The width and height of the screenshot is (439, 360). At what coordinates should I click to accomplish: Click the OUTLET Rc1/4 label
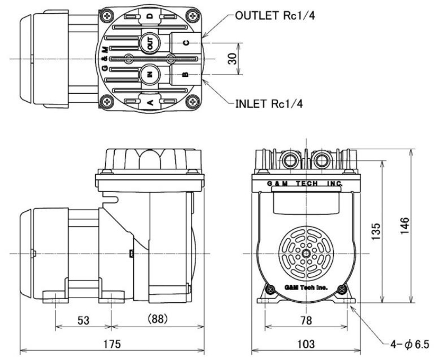(275, 15)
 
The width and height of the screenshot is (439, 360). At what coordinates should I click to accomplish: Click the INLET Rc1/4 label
(269, 104)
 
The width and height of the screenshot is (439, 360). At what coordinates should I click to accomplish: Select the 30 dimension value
(232, 59)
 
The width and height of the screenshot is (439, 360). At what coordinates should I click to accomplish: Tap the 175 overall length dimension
(112, 344)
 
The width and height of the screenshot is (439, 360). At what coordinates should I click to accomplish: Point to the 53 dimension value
(84, 320)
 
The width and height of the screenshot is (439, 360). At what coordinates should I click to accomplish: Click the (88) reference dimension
(157, 319)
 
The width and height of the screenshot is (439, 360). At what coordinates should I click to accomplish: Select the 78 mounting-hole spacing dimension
(306, 320)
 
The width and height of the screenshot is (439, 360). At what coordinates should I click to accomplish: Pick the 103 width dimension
(306, 344)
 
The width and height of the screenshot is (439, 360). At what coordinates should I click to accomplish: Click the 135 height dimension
(376, 231)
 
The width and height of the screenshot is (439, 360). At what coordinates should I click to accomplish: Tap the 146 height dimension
(404, 226)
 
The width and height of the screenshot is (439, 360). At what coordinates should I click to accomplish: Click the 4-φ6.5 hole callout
(409, 344)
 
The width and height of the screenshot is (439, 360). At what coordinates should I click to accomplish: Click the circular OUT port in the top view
(150, 43)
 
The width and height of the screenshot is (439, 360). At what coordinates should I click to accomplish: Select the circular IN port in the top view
(150, 74)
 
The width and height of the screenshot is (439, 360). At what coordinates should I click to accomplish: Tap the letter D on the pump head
(150, 16)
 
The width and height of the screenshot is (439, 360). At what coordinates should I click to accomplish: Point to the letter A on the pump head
(150, 103)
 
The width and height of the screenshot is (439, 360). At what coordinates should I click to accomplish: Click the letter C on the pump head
(186, 43)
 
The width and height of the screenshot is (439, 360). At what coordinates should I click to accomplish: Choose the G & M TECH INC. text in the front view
(305, 184)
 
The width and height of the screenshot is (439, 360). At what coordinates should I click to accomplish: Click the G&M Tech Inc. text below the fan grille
(306, 287)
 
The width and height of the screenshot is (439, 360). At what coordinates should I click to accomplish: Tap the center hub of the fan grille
(306, 254)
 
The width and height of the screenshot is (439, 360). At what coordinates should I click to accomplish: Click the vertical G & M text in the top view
(104, 59)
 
